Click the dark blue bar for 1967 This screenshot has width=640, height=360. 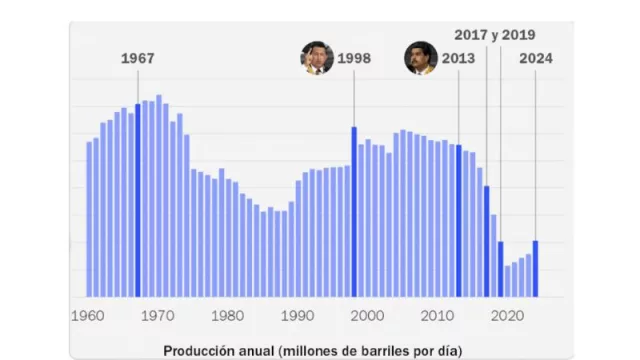pos(138,200)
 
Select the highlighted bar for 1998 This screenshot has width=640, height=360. pos(354,211)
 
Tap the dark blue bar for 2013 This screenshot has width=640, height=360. pos(459,221)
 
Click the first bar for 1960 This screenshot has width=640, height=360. pos(89,219)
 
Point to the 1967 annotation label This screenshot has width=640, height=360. pos(138,58)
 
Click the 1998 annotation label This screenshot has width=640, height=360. pos(354,58)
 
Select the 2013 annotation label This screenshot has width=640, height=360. pos(458,58)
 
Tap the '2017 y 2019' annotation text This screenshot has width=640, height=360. pos(495,34)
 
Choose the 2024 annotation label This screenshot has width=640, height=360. pos(536,58)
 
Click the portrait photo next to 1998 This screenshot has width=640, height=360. pos(316,57)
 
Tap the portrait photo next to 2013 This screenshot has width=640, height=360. pos(420,57)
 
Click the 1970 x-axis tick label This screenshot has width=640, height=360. pos(157,315)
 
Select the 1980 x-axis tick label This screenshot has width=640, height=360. pos(227,315)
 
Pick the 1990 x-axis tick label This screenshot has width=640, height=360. pos(297,315)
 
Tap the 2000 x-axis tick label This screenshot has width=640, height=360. pos(367,315)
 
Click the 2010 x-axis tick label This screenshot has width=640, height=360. pos(437,315)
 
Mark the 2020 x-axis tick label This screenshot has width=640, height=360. pos(507,315)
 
